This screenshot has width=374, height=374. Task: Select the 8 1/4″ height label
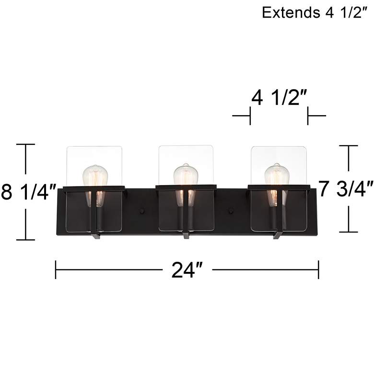tap(30, 192)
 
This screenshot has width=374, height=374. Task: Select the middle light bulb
tap(186, 179)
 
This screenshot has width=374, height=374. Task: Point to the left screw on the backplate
tap(141, 210)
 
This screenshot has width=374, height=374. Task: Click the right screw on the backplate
tap(231, 210)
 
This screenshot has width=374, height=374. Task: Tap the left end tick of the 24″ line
tap(56, 269)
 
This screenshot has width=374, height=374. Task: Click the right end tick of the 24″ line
tap(318, 269)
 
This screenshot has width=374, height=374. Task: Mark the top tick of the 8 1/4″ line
tap(26, 144)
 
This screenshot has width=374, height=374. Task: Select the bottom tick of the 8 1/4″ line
tap(26, 239)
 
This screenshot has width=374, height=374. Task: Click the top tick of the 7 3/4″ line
tap(349, 146)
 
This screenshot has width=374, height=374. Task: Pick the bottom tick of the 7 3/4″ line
tap(349, 232)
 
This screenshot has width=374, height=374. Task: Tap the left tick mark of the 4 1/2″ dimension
tap(250, 116)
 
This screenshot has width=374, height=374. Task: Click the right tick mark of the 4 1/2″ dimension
tap(308, 116)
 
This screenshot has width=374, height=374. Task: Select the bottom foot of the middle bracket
tap(186, 235)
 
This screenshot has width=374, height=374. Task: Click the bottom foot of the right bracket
tap(277, 235)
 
